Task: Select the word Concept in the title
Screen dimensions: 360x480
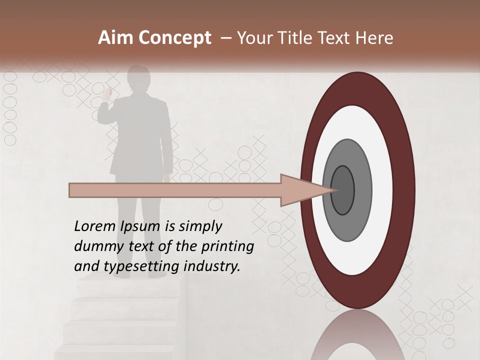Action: pos(175,38)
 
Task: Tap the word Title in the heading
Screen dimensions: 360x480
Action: pos(300,38)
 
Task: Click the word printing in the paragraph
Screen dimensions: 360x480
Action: pos(227,247)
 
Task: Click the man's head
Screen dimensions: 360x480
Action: pos(138,79)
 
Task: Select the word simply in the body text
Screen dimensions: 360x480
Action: pos(200,227)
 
